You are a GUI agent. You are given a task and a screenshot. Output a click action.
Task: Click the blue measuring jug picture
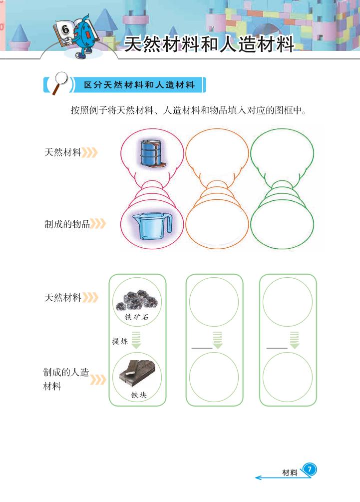coord(152,226)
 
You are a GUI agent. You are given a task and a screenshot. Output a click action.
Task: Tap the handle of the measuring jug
coord(168,222)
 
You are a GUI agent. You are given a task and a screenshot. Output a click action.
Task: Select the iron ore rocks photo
coord(137,301)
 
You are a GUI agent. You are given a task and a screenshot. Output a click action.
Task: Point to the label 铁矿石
coord(137,317)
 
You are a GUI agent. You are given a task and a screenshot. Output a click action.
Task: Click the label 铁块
coord(139,395)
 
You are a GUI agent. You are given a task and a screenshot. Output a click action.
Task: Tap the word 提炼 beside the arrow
coord(120,341)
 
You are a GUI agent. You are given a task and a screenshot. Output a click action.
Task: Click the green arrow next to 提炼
coord(136,340)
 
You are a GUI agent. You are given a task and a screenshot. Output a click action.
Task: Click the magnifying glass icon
coord(60,82)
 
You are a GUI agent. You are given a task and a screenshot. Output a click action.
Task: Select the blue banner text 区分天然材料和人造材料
coord(139,85)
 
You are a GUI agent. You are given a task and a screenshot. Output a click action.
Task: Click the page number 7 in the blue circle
coord(309,470)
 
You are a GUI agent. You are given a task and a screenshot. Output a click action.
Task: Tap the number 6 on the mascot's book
coord(65,30)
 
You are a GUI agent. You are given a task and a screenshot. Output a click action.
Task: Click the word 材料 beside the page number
coord(290,473)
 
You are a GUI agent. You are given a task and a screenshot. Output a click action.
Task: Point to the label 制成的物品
coord(67,224)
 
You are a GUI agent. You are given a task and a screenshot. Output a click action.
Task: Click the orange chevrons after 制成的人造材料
coord(98,380)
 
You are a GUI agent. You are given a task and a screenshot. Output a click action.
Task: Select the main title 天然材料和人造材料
coord(209,44)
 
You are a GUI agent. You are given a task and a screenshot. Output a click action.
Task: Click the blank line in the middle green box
coord(202,348)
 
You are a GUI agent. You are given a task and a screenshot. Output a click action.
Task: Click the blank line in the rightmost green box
coord(277,348)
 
